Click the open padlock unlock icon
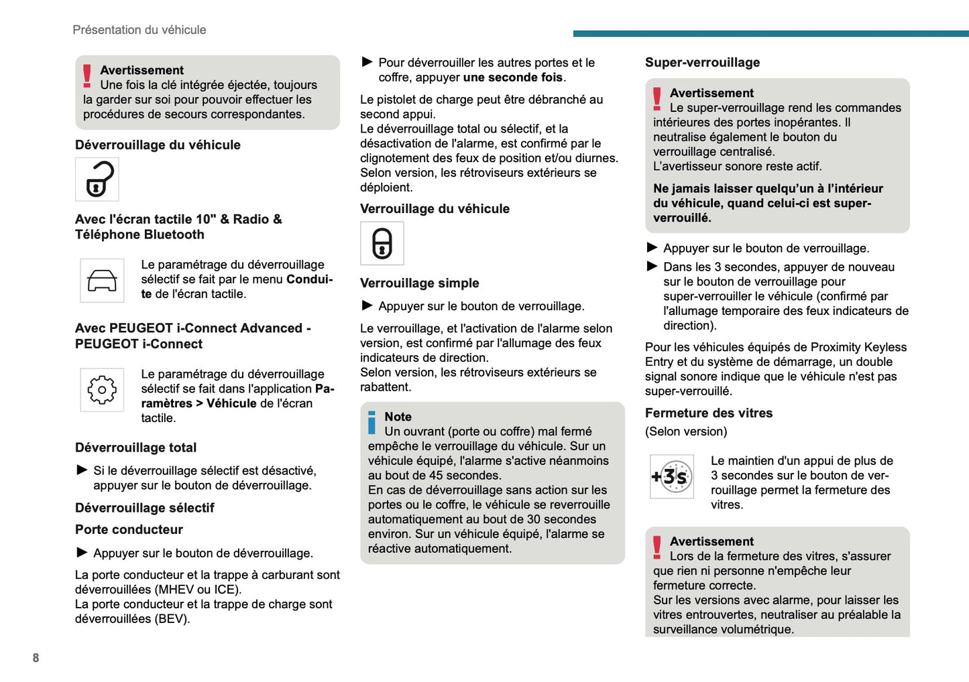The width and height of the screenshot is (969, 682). click(x=97, y=180)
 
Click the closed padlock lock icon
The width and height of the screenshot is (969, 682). click(x=382, y=243)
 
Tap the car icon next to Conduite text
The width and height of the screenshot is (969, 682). click(x=102, y=281)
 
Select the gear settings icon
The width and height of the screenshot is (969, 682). click(x=102, y=390)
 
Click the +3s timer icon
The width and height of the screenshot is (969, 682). click(x=671, y=476)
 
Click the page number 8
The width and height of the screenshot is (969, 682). click(x=36, y=658)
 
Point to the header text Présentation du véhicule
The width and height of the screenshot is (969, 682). click(x=139, y=29)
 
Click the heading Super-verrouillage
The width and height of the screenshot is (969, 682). click(x=702, y=62)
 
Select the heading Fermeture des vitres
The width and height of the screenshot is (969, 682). click(x=708, y=413)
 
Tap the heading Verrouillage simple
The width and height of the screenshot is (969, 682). click(x=419, y=283)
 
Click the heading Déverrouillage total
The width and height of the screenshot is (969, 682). click(x=135, y=448)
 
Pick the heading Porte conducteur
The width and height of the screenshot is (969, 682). click(x=129, y=529)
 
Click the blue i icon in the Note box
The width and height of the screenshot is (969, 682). click(x=372, y=423)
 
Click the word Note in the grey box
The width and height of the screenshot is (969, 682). click(x=398, y=417)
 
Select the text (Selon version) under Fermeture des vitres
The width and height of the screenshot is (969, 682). click(x=685, y=431)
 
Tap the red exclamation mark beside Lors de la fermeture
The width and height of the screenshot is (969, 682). click(x=657, y=547)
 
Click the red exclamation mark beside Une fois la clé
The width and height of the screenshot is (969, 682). click(x=87, y=76)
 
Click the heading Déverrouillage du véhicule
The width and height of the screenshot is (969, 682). click(x=158, y=145)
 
